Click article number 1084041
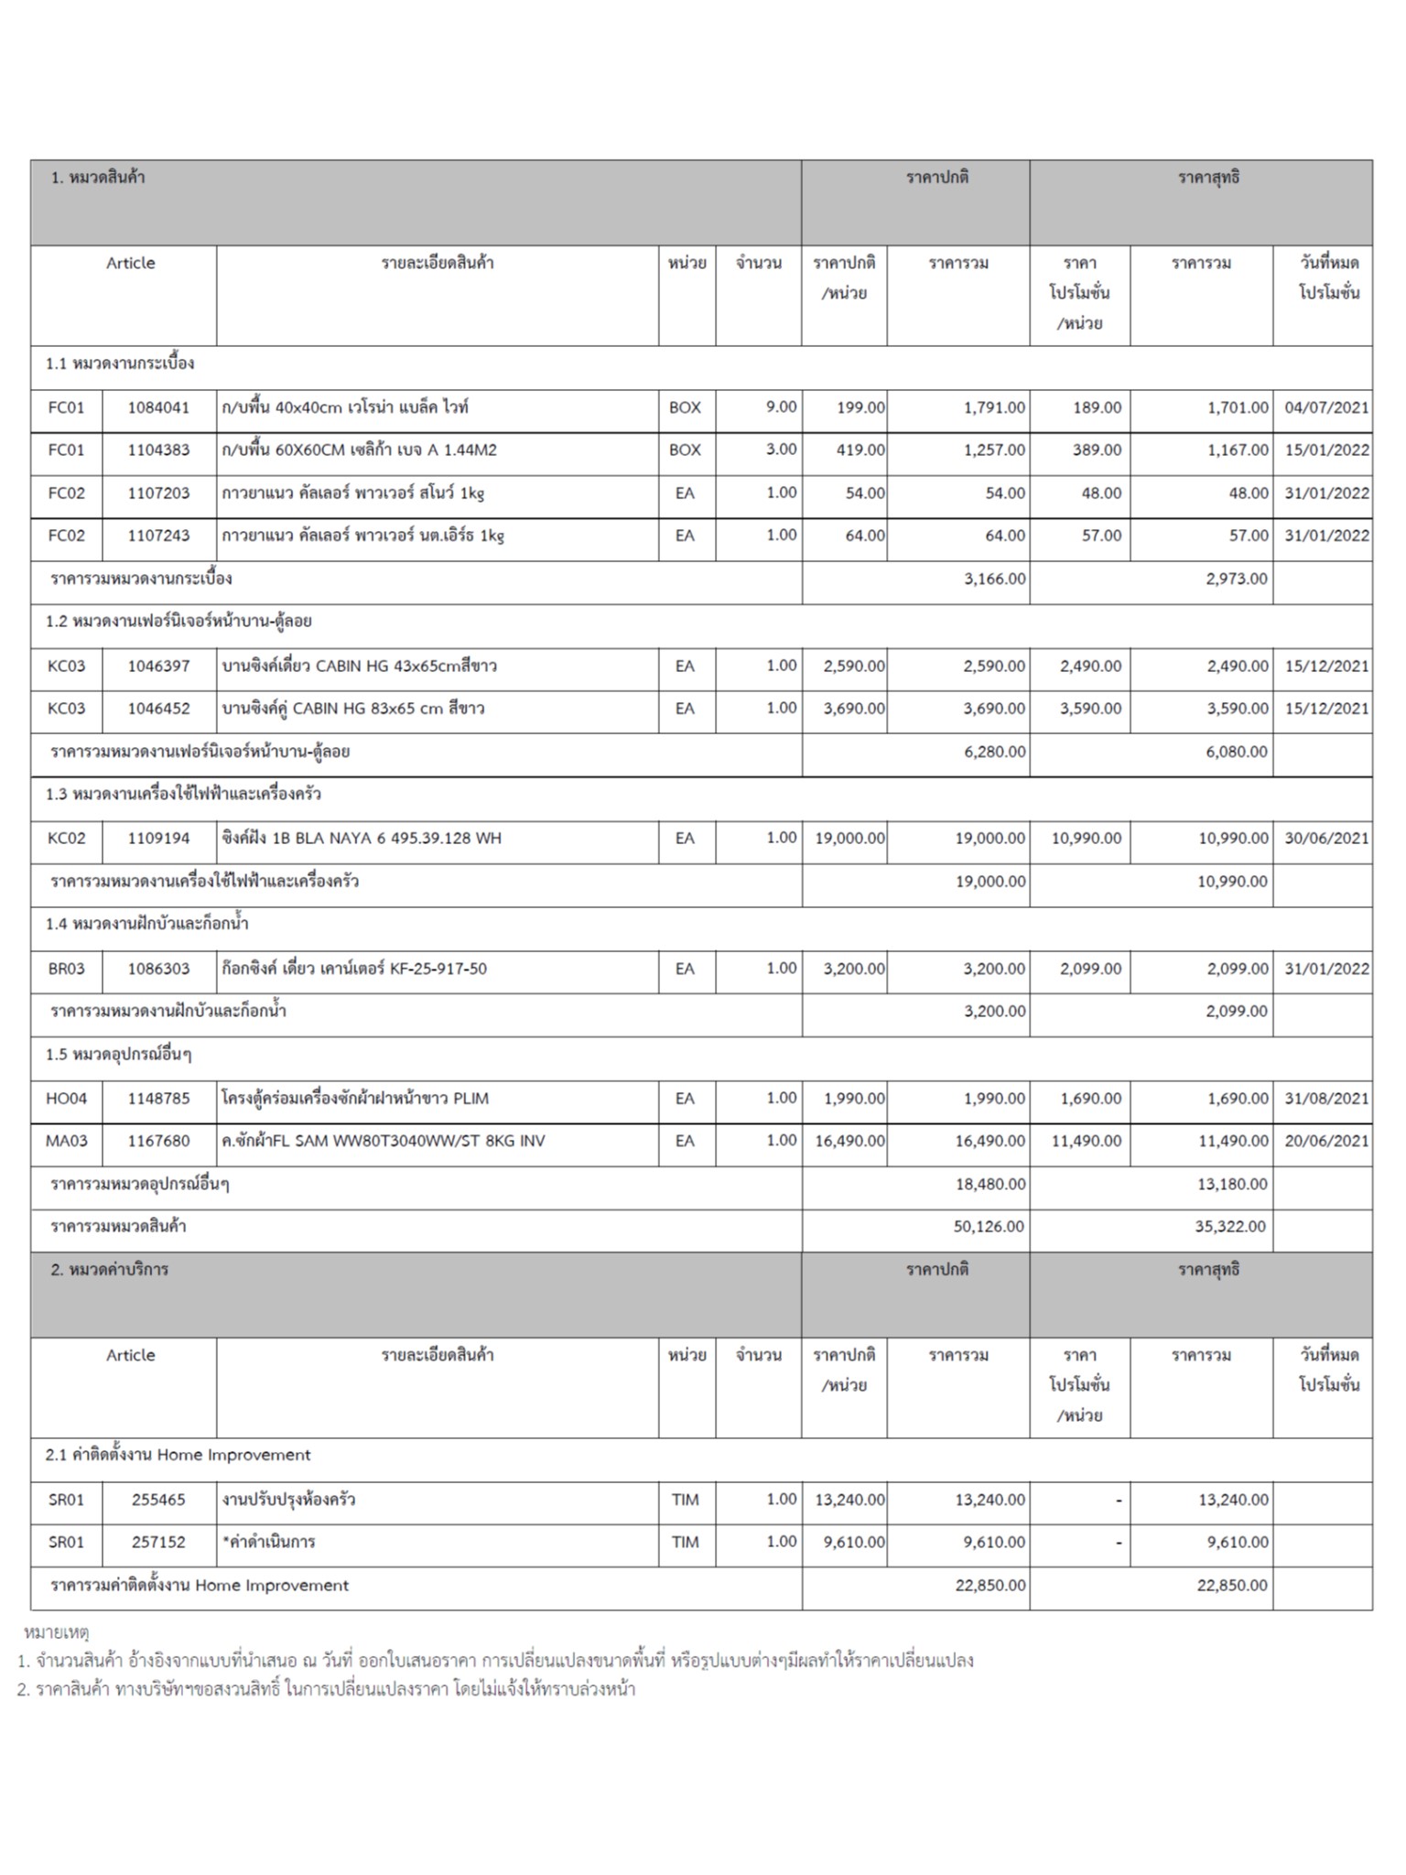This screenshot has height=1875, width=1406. (x=158, y=407)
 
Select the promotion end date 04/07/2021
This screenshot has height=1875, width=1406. (x=1326, y=407)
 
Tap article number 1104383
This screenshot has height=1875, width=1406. (x=158, y=450)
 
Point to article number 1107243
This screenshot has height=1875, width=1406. (x=158, y=536)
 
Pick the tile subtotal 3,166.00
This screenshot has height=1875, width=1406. (x=994, y=579)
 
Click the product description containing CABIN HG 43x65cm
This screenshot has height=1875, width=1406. (x=359, y=666)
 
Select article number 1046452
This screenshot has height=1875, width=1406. (x=158, y=708)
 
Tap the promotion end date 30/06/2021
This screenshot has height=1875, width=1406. (x=1326, y=838)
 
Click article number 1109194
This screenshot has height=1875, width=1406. (x=158, y=838)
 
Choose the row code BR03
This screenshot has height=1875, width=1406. (x=66, y=969)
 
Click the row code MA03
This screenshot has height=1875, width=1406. (x=66, y=1141)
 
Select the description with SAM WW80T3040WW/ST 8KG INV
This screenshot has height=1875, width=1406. (x=383, y=1141)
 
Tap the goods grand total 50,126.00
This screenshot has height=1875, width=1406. (x=989, y=1226)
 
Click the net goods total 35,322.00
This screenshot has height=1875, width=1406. (x=1230, y=1226)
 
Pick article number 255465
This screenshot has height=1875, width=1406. (x=158, y=1500)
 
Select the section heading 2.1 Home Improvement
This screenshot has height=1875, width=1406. (x=178, y=1455)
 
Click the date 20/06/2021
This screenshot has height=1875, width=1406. (x=1326, y=1141)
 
